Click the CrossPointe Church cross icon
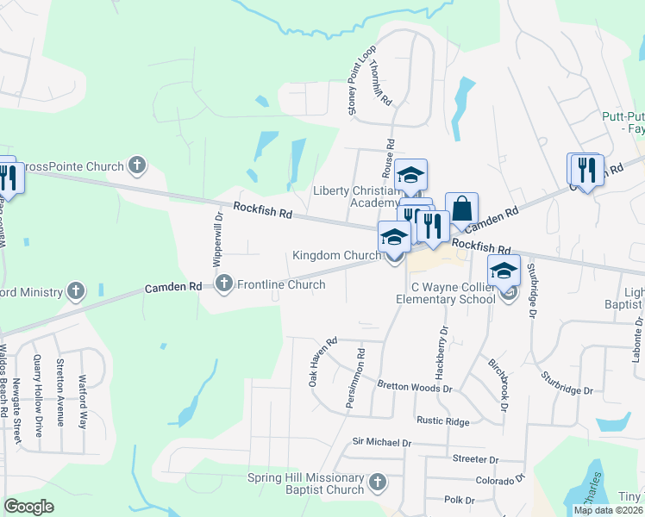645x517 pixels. pyautogui.click(x=136, y=165)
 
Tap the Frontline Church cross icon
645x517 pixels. pyautogui.click(x=225, y=283)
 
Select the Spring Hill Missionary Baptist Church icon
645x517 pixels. pyautogui.click(x=377, y=483)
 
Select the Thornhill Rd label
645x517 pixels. pyautogui.click(x=380, y=83)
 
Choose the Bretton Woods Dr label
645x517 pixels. pyautogui.click(x=415, y=389)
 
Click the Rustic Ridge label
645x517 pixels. pyautogui.click(x=442, y=421)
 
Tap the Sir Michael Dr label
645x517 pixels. pyautogui.click(x=381, y=442)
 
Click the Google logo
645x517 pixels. pyautogui.click(x=29, y=506)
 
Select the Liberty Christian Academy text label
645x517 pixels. pyautogui.click(x=356, y=196)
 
